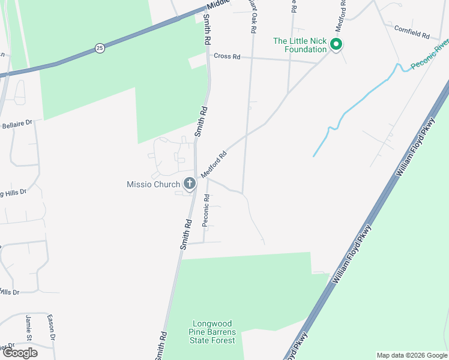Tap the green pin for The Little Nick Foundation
pos(337,44)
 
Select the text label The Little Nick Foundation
pos(300,45)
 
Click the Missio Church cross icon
pos(190,184)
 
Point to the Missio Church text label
pos(154,184)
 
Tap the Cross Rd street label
pos(228,56)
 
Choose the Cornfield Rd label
pos(412,32)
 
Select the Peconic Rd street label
pos(206,210)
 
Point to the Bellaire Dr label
pos(17,124)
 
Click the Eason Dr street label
pos(52,328)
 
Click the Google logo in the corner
pos(19,353)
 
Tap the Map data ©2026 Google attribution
pos(412,355)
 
